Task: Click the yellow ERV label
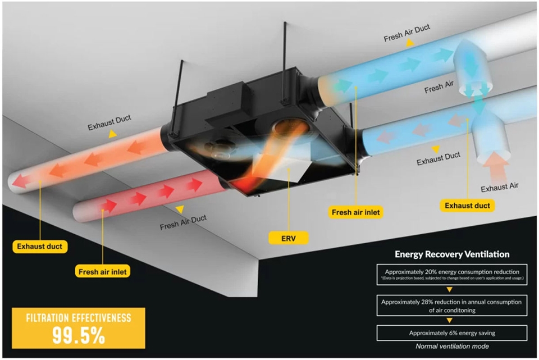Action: pos(288,238)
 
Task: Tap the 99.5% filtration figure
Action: pos(79,335)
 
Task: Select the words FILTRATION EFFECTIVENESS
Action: pos(79,317)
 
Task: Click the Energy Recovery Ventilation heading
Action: pos(452,254)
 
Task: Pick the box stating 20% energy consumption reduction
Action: pos(452,275)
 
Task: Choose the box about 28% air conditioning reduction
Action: pos(452,306)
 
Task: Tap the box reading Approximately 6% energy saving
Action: pos(452,333)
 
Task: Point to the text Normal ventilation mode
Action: pos(452,347)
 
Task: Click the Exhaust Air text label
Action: pos(500,188)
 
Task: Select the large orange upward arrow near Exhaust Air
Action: pos(495,167)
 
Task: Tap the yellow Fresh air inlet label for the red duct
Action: pos(102,272)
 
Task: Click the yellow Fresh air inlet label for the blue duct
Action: pos(356,212)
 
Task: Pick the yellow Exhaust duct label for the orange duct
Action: pos(40,247)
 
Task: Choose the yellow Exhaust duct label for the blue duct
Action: pos(468,206)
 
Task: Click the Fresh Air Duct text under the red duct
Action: pos(183,222)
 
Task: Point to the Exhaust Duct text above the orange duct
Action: pos(109,123)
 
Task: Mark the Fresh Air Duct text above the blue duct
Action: pos(406,33)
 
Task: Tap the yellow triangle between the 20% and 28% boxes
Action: pos(449,290)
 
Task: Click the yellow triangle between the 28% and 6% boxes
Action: pos(449,321)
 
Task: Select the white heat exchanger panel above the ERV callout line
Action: pos(285,167)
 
